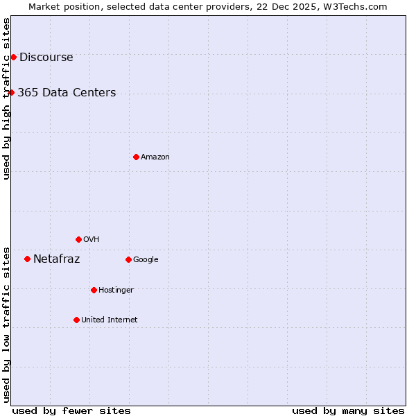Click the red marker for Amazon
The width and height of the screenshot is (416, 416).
point(136,157)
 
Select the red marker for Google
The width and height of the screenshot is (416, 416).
point(128,259)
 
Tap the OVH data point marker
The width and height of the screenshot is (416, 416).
point(78,239)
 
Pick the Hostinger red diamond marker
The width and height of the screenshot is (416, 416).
point(94,290)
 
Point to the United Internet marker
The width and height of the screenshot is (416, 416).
point(76,320)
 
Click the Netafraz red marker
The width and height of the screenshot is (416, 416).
point(27,259)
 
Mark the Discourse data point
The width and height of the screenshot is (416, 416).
point(13,57)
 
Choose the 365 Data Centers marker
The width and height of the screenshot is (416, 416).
point(11,92)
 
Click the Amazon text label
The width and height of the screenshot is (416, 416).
point(155,157)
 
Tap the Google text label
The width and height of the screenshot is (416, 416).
point(146,260)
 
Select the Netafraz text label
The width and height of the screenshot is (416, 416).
point(57,259)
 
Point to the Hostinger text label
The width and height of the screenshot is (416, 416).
point(116,290)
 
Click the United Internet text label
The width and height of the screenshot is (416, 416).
point(109,320)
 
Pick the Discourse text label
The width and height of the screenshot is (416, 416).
point(46,58)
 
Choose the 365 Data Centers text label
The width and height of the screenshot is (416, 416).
point(67,93)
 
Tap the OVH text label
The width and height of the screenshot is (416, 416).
point(91,240)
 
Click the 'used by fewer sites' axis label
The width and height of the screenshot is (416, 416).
point(71,411)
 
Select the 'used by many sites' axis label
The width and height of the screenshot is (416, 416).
point(348,411)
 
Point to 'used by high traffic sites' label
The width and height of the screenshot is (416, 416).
point(6,98)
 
